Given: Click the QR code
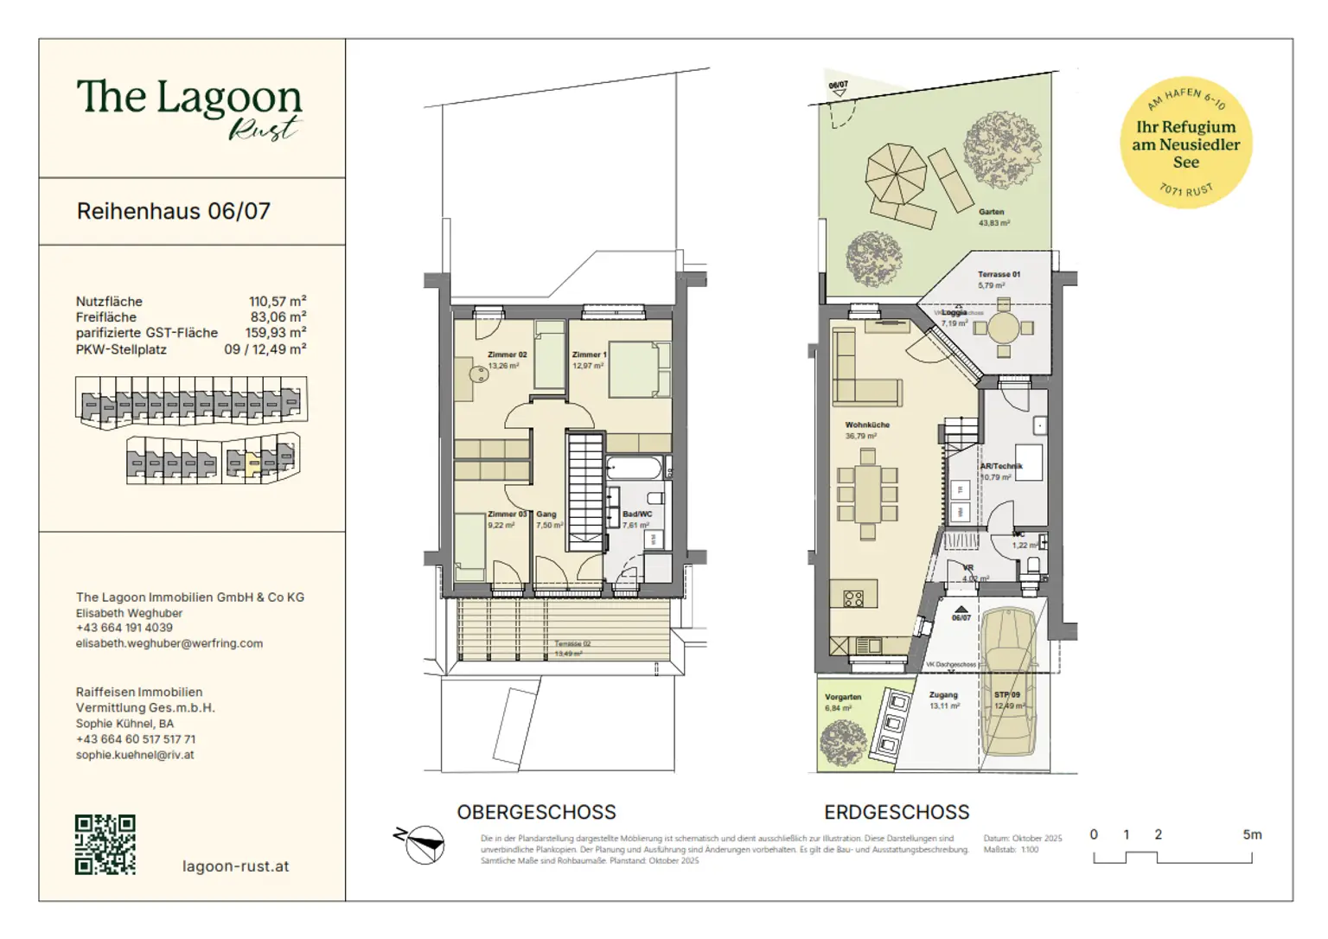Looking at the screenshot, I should click(x=105, y=844).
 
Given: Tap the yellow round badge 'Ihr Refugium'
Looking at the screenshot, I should click(x=1185, y=144).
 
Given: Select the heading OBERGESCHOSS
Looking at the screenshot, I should click(x=536, y=812).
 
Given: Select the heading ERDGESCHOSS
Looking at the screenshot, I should click(x=897, y=812).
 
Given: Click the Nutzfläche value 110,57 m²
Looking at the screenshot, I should click(x=278, y=301).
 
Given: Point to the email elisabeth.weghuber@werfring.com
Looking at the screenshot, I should click(x=169, y=643).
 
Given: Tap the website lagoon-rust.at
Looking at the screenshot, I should click(x=235, y=866).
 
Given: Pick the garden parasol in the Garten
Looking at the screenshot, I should click(x=896, y=173).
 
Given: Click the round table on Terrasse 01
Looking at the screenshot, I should click(x=1003, y=328).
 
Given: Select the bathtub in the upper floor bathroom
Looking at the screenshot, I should click(x=633, y=469).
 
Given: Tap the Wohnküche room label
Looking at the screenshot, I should click(x=867, y=425).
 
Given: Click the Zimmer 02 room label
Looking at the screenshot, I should click(x=507, y=355).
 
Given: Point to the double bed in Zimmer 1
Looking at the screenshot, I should click(x=640, y=369).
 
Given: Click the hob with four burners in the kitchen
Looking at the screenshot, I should click(x=853, y=597).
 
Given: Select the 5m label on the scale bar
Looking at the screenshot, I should click(x=1252, y=834).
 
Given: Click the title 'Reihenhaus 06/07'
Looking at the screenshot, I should click(x=174, y=211).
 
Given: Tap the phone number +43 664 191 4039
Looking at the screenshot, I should click(x=124, y=628).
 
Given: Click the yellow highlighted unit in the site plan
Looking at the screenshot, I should click(x=252, y=463).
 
